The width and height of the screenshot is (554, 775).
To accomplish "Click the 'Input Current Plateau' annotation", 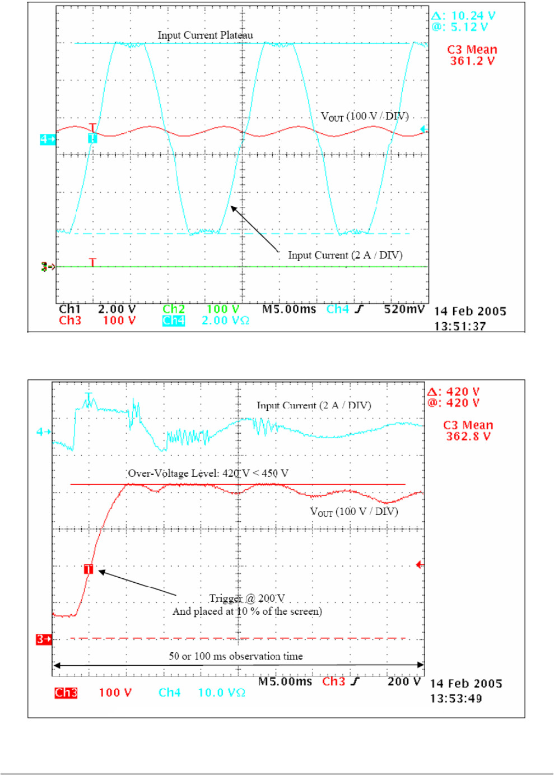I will point(205,35).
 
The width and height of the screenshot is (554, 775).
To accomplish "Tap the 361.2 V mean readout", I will point(472,61).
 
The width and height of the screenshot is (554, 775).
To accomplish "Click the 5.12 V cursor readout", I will point(468,27).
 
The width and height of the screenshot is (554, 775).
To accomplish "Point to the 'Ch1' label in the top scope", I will point(70,309).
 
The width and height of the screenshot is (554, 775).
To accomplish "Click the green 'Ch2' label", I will point(174,309).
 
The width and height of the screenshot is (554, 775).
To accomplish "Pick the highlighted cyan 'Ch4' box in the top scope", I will point(174,321).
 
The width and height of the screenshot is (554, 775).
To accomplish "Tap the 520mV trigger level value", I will point(404,309).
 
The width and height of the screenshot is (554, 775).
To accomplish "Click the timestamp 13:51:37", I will point(460,326).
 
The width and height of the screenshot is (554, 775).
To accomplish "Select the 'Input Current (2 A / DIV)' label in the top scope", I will point(345,256).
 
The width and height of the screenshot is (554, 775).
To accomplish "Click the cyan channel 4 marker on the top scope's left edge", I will point(47,139).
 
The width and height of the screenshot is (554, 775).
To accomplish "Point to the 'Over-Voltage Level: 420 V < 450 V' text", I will point(208,474).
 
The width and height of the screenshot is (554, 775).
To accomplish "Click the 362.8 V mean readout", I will point(468,437).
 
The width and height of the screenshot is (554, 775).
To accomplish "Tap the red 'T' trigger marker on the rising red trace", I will point(89,569).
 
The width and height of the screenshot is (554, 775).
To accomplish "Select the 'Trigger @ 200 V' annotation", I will point(247,598).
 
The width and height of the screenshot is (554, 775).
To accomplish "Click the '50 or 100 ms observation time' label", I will point(236,656).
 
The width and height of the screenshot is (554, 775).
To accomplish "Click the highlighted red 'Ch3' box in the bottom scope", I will point(66,693).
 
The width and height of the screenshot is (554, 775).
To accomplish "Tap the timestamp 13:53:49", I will point(456,699).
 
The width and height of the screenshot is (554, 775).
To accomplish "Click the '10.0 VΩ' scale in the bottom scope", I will point(222,693).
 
